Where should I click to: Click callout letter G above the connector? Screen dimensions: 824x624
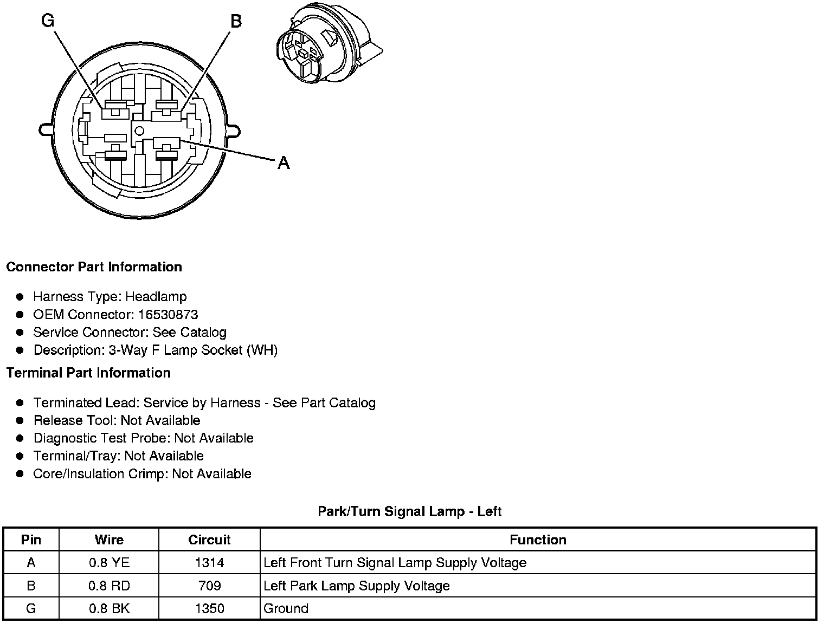coord(48,21)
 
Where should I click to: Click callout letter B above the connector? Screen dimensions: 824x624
coord(236,21)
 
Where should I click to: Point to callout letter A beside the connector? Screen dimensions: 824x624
coord(284,162)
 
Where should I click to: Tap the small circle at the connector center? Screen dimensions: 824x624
coord(139,130)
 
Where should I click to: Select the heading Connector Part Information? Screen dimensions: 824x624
coord(94,267)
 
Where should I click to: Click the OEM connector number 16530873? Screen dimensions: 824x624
coord(168,315)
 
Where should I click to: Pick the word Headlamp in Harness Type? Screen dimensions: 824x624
coord(156,297)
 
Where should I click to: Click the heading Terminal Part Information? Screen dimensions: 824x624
coord(88,373)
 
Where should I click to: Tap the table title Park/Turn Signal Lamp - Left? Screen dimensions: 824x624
coord(409,511)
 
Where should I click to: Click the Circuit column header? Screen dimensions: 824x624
coord(209,539)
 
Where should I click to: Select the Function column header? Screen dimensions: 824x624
coord(538,539)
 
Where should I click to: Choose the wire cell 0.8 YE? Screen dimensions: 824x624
coord(109,563)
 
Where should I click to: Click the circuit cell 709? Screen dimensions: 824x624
coord(209,586)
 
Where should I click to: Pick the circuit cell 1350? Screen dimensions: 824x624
coord(209,608)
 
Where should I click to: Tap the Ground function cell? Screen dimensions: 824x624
coord(286,608)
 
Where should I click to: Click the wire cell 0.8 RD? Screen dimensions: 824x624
coord(109,586)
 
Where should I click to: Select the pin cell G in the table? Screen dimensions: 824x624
coord(31,608)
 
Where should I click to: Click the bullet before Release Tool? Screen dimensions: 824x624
coord(20,421)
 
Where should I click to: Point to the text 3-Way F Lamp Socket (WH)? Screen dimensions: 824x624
coord(193,350)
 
